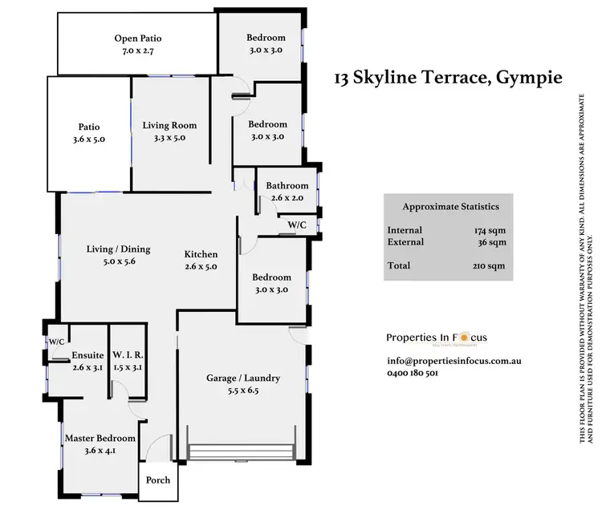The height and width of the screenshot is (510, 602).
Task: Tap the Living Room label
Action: (169, 125)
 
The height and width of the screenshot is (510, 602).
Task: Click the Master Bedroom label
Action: (100, 439)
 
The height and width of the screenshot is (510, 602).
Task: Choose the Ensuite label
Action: (69, 355)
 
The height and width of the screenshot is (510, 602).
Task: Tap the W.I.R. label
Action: (128, 355)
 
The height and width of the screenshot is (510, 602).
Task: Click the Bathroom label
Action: (288, 186)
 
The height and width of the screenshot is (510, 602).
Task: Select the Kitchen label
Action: (201, 254)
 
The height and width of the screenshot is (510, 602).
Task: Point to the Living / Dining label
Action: (118, 249)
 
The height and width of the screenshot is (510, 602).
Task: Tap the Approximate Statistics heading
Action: (448, 206)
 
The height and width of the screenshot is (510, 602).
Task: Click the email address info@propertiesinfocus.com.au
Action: (454, 361)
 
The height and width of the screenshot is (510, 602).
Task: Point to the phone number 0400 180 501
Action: (413, 373)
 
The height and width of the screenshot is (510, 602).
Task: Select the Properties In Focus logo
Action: (437, 338)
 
